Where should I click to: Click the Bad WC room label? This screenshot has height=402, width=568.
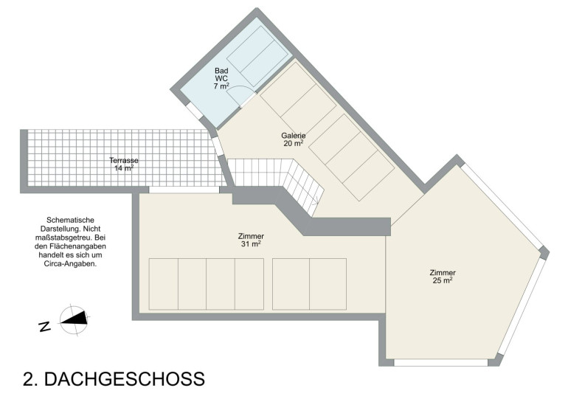[x=221, y=74]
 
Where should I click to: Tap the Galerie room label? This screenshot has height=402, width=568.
[x=294, y=136]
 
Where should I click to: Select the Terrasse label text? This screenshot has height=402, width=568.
[x=124, y=160]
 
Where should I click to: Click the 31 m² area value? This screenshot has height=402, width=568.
[x=251, y=244]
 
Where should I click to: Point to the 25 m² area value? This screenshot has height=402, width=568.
[x=443, y=280]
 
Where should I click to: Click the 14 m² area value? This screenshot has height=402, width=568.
[x=124, y=168]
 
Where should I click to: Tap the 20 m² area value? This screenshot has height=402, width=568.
[x=294, y=143]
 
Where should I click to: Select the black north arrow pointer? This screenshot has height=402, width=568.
[x=74, y=319]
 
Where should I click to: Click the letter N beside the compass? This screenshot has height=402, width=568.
[x=44, y=326]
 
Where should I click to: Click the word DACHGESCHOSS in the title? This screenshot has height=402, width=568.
[x=124, y=379]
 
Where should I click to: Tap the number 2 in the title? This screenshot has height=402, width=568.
[x=29, y=379]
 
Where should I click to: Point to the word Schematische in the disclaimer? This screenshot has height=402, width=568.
[x=70, y=221]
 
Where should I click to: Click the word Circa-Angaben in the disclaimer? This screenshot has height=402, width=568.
[x=70, y=263]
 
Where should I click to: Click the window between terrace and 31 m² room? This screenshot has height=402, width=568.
[x=184, y=190]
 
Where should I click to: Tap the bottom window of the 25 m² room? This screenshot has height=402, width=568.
[x=441, y=362]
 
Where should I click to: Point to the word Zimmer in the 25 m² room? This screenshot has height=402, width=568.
[x=443, y=272]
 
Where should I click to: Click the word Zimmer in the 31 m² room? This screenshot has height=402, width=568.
[x=251, y=236]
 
